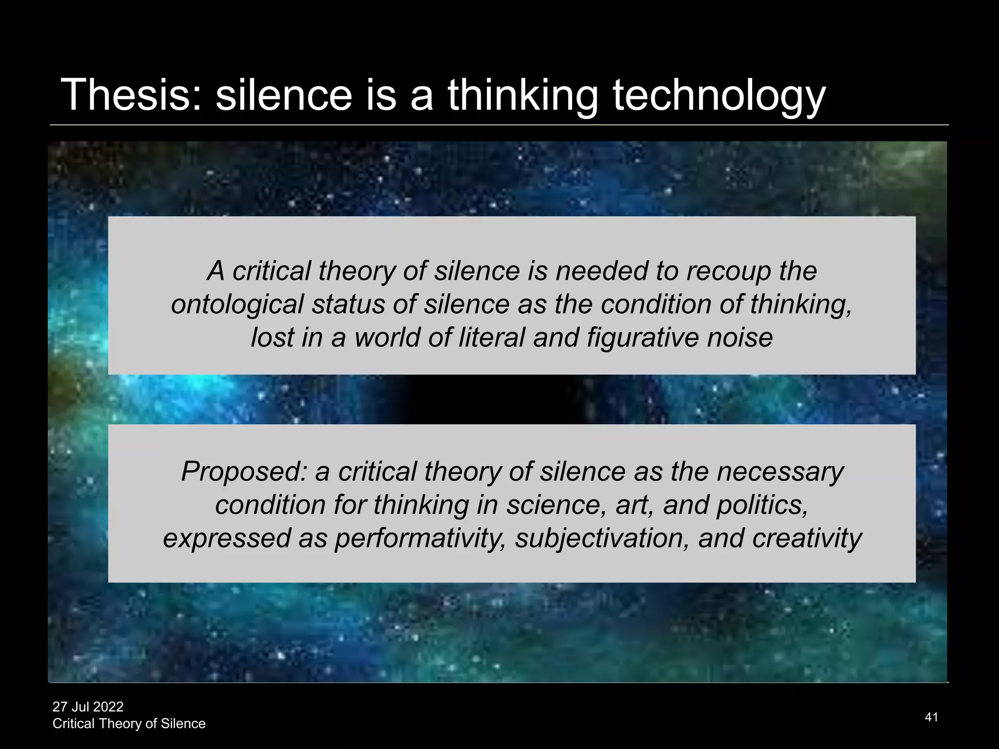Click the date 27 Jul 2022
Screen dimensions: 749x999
[x=88, y=707]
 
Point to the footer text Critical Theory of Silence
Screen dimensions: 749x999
[x=129, y=724]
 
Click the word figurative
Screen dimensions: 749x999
[x=642, y=337]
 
